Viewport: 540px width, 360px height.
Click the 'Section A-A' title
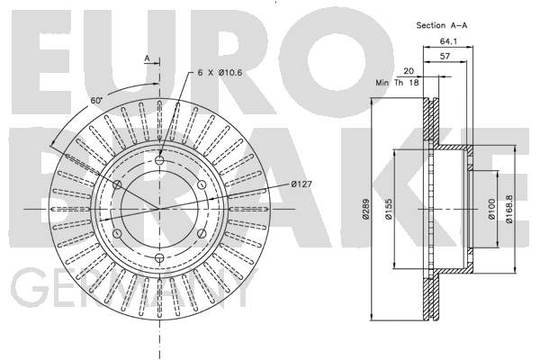point(442,25)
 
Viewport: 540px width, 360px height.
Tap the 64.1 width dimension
point(448,41)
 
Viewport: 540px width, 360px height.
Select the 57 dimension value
point(445,56)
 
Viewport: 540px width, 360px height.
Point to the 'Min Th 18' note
point(397,83)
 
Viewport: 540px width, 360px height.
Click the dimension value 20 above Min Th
point(409,71)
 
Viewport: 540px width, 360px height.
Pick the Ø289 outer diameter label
point(365,209)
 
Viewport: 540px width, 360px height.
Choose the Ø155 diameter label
point(389,209)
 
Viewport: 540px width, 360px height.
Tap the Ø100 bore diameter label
point(491,209)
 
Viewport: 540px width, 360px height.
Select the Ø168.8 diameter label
point(509,209)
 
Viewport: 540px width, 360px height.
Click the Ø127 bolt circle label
point(301,184)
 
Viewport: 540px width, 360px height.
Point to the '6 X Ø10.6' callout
point(220,73)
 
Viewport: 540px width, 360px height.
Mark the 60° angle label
point(97,101)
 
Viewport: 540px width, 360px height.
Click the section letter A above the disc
point(147,58)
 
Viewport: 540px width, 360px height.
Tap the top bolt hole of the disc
point(159,160)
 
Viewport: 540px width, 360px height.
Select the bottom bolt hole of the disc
point(159,257)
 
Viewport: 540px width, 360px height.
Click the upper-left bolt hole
point(117,184)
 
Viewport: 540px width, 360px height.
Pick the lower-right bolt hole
point(202,234)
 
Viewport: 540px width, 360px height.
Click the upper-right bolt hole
point(202,184)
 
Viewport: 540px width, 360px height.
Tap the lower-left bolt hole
point(117,234)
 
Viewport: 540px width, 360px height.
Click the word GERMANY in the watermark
point(133,289)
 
